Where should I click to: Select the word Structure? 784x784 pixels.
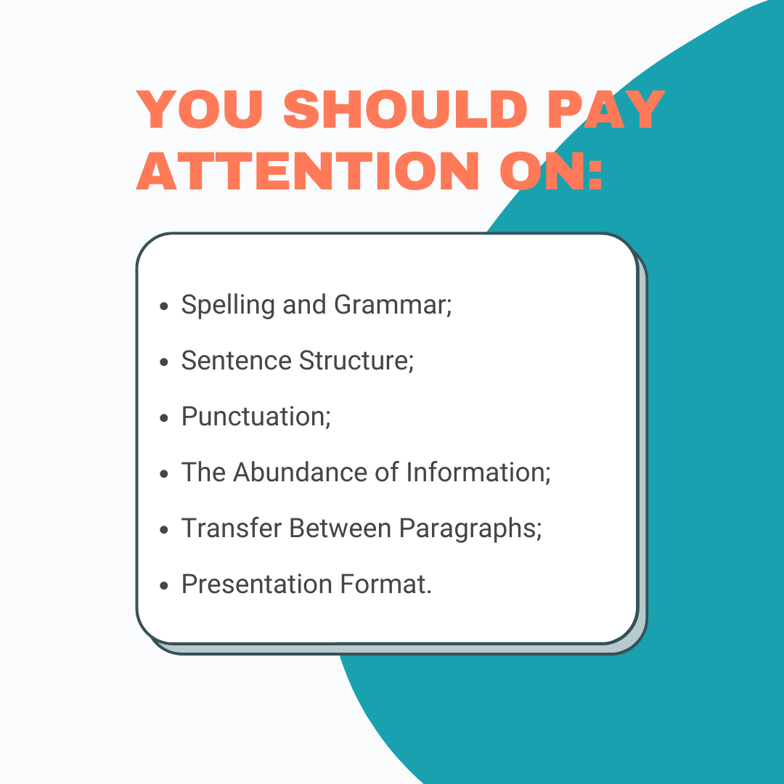pos(356,360)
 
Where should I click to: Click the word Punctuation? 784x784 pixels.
pos(256,417)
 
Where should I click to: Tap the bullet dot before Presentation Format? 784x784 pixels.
pos(165,586)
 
